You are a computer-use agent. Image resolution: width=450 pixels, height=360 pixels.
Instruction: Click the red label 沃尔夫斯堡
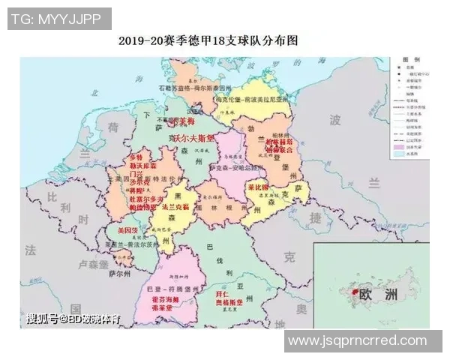[193, 139]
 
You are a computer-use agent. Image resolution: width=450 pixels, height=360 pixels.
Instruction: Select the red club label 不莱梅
[180, 120]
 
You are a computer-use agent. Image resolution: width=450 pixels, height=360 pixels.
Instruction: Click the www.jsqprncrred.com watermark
[357, 340]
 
